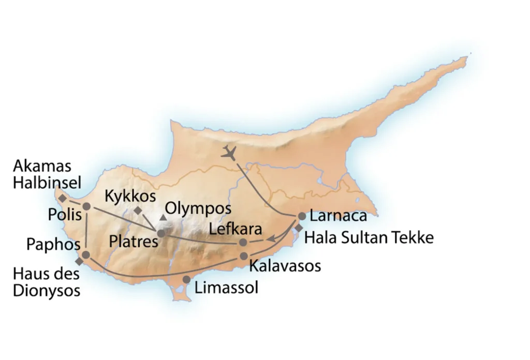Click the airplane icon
(229, 153)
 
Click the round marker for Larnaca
(302, 216)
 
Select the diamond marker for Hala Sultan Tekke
(299, 228)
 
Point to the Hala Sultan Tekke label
(369, 238)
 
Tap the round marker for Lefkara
(243, 242)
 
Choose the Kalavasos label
(285, 266)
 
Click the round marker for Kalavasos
(244, 256)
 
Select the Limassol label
(226, 288)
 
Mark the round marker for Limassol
(186, 280)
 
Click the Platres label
(134, 241)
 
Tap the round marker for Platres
(161, 233)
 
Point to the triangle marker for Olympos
(164, 217)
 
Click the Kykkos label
(130, 196)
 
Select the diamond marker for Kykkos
(138, 211)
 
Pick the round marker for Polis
(86, 206)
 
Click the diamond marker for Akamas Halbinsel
(62, 198)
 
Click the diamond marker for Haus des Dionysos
(79, 262)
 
